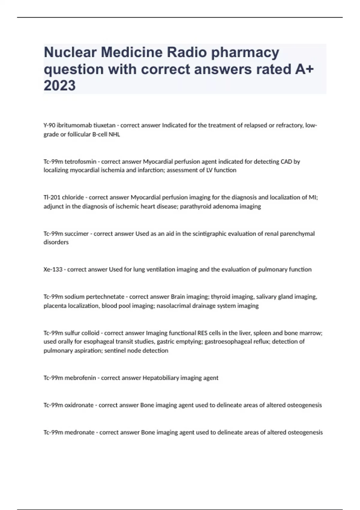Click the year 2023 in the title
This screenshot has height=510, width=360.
(60, 85)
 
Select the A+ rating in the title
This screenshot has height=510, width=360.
(303, 69)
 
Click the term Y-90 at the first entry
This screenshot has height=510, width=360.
(49, 125)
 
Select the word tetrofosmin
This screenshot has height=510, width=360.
(80, 162)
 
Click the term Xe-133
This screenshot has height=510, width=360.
(53, 270)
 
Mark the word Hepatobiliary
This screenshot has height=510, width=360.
(160, 378)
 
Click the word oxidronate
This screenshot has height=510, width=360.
(79, 405)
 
